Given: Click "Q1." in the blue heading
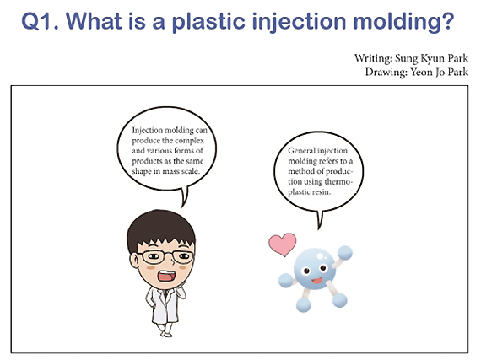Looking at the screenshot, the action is pos(40,21).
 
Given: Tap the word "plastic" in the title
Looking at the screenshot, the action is pos(208,21).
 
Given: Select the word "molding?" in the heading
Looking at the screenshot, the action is pos(403,21).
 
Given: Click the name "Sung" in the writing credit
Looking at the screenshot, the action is pos(406,58).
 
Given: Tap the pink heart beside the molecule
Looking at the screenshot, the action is pos(283,244).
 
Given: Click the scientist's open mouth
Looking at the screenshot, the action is pos(166,276).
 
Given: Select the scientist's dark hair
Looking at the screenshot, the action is pos(161,228).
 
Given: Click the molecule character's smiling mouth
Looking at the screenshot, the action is pos(317,280).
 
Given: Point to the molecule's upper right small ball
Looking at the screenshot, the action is pos(345,253).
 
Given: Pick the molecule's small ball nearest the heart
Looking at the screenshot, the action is pos(285,280).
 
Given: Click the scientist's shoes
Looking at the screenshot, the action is pos(166,334).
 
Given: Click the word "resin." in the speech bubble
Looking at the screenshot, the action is pos(322,192).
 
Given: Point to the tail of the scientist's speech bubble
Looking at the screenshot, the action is pos(184,198).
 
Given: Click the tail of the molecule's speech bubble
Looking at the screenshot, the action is pos(320,220).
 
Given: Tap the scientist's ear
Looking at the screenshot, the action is pos(134,261).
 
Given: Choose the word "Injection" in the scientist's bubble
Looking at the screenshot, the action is pos(147,131).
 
